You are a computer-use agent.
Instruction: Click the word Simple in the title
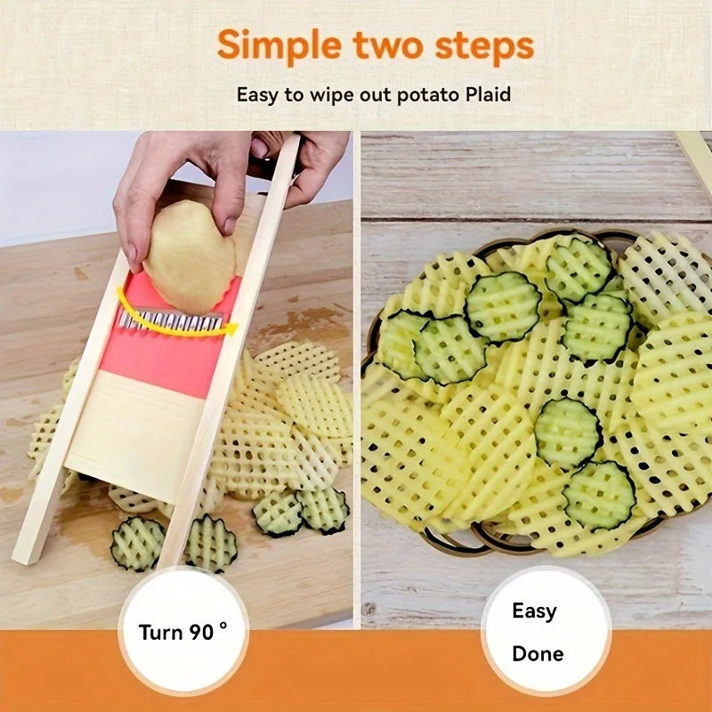pos(270,45)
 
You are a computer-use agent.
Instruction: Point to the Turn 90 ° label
pos(182,633)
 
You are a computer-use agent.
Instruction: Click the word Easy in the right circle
pos(534,611)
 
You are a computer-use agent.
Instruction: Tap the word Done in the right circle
pos(538,654)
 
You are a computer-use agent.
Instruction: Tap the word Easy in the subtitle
pos(257,93)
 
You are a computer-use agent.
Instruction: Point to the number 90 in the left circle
pos(201,633)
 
